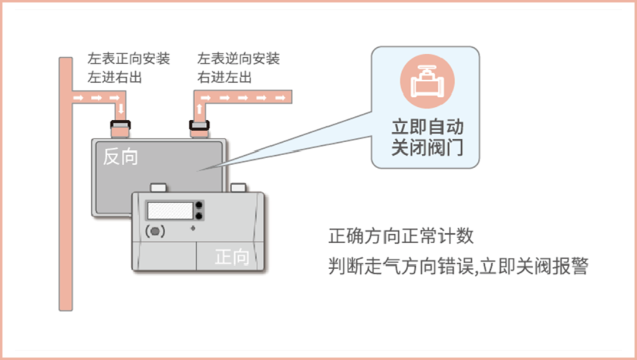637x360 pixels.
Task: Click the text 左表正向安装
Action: (x=128, y=59)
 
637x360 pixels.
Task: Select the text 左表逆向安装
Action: (x=238, y=59)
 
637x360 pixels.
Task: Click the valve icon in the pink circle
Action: (x=425, y=83)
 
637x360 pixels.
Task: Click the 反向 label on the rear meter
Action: (x=120, y=156)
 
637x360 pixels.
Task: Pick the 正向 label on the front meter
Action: (x=232, y=257)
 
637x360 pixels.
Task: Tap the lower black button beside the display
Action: (x=198, y=217)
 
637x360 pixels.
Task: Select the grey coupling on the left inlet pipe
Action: (x=121, y=125)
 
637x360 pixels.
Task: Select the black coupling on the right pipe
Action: (x=199, y=125)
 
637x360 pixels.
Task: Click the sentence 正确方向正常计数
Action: (x=401, y=237)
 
